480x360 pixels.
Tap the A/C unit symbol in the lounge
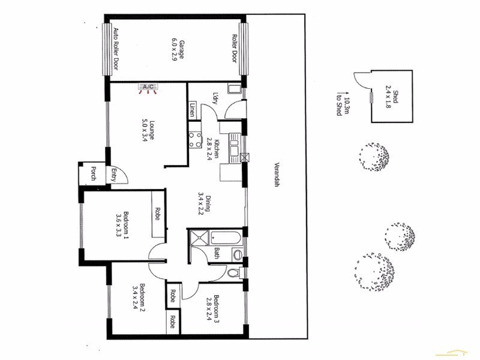148,88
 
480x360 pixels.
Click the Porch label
93,174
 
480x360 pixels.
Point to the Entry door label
113,175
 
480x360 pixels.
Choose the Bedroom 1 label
122,226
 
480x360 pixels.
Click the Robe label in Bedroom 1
157,214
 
